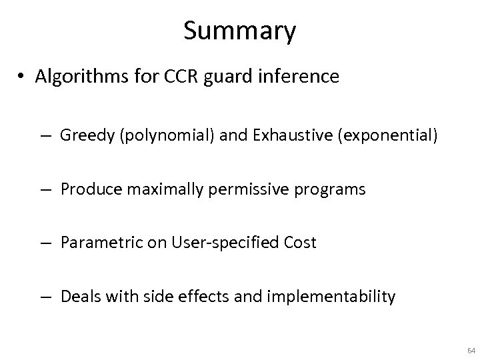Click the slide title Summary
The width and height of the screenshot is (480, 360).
[x=240, y=31]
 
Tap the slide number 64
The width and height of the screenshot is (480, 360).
[x=471, y=350]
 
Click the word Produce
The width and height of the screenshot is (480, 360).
[x=87, y=189]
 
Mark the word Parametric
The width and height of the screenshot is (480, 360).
[x=94, y=243]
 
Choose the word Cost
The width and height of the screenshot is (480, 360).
[x=299, y=243]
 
